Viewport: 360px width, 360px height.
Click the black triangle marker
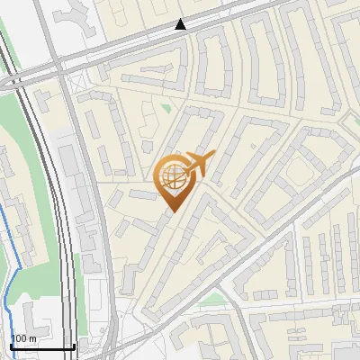click(182, 24)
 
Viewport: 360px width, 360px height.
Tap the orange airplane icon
click(199, 165)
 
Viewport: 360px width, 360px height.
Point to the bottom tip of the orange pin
click(171, 211)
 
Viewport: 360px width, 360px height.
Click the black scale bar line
click(41, 347)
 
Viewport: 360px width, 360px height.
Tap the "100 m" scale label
click(23, 338)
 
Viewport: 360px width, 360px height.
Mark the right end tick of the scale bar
click(74, 346)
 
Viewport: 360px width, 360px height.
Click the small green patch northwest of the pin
click(166, 110)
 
